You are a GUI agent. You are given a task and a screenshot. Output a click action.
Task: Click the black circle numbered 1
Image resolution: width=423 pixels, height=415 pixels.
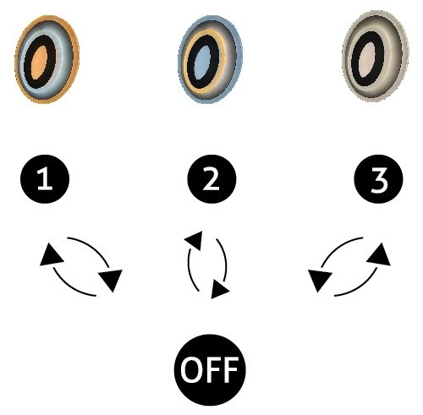(45, 179)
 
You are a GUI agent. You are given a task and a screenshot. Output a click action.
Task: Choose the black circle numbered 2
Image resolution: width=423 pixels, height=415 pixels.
(211, 179)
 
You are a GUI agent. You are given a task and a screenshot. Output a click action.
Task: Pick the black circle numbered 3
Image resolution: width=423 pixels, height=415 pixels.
(378, 179)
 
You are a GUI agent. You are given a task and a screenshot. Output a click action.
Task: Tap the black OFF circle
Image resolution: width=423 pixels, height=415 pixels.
(210, 369)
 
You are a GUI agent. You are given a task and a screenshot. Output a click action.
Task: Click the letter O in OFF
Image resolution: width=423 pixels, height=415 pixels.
(191, 370)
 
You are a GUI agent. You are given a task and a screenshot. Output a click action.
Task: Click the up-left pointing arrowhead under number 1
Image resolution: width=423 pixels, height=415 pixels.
(50, 255)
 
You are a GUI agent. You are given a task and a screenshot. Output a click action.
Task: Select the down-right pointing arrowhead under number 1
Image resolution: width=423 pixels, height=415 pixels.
(112, 280)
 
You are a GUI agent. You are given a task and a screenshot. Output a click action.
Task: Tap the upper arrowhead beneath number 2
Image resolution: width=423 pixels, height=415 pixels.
(195, 240)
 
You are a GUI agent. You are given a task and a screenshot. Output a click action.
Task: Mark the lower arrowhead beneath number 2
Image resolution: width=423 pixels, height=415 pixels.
(219, 289)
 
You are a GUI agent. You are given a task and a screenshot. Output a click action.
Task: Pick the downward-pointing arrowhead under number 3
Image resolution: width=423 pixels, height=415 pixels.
(319, 280)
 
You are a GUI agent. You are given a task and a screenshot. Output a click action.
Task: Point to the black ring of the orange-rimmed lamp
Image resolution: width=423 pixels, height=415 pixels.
(27, 61)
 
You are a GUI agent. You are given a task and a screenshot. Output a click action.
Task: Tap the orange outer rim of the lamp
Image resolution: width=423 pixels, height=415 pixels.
(17, 61)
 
